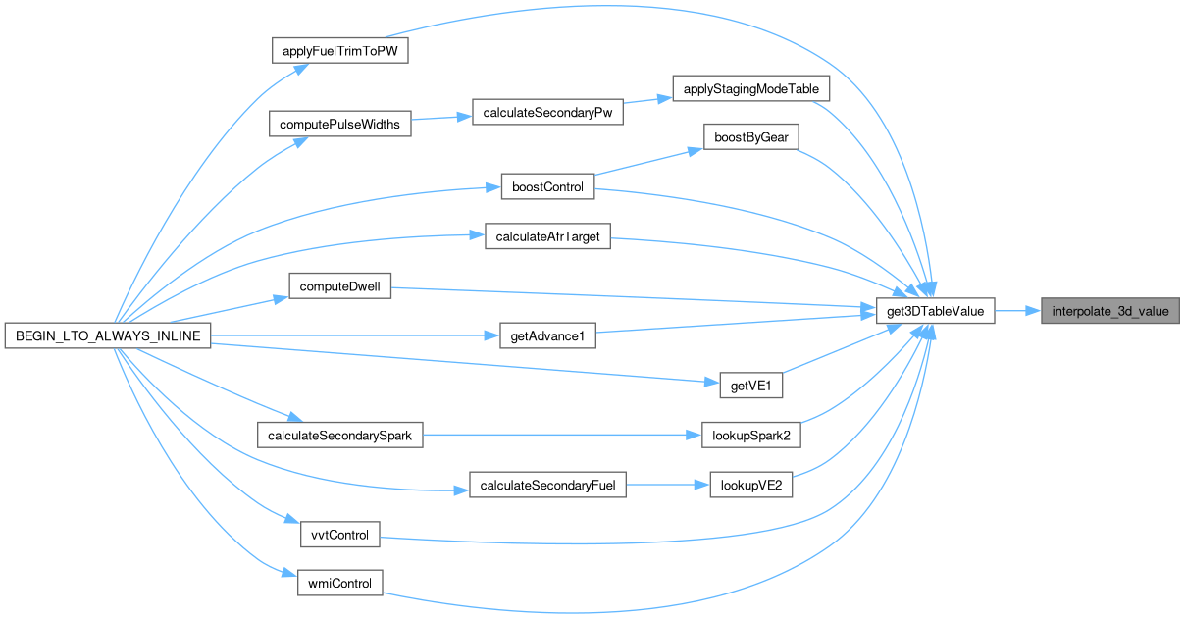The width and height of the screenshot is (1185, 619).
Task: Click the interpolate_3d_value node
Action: pyautogui.click(x=1109, y=312)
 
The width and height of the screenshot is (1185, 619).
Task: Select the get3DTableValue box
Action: pyautogui.click(x=936, y=312)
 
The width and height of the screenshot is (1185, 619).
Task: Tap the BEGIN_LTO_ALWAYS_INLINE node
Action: pyautogui.click(x=108, y=336)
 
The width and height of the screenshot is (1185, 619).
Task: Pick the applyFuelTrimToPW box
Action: pyautogui.click(x=338, y=51)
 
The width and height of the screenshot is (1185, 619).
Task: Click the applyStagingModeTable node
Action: pyautogui.click(x=751, y=88)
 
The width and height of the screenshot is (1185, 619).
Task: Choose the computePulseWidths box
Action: pyautogui.click(x=339, y=125)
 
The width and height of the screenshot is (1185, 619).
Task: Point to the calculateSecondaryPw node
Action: pyautogui.click(x=547, y=113)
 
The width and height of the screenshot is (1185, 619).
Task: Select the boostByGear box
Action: pyautogui.click(x=750, y=138)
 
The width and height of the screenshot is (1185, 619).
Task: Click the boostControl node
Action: pyautogui.click(x=547, y=187)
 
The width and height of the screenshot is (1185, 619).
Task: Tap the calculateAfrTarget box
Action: pyautogui.click(x=547, y=236)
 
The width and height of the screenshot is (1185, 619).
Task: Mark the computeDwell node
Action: pyautogui.click(x=339, y=286)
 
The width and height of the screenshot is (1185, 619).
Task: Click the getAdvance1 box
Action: pyautogui.click(x=547, y=336)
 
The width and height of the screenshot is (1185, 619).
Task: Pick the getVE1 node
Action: pyautogui.click(x=750, y=386)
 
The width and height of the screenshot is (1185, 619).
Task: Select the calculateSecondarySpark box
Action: pyautogui.click(x=339, y=436)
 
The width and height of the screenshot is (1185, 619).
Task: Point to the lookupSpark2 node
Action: pyautogui.click(x=751, y=436)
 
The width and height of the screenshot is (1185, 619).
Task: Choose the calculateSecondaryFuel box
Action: pyautogui.click(x=547, y=485)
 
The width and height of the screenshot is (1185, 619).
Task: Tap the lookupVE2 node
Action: pyautogui.click(x=751, y=485)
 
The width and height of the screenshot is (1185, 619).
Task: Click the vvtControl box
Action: pyautogui.click(x=339, y=535)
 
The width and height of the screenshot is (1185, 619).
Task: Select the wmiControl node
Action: pyautogui.click(x=339, y=584)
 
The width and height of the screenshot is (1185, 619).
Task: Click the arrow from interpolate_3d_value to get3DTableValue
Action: pyautogui.click(x=1018, y=312)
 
